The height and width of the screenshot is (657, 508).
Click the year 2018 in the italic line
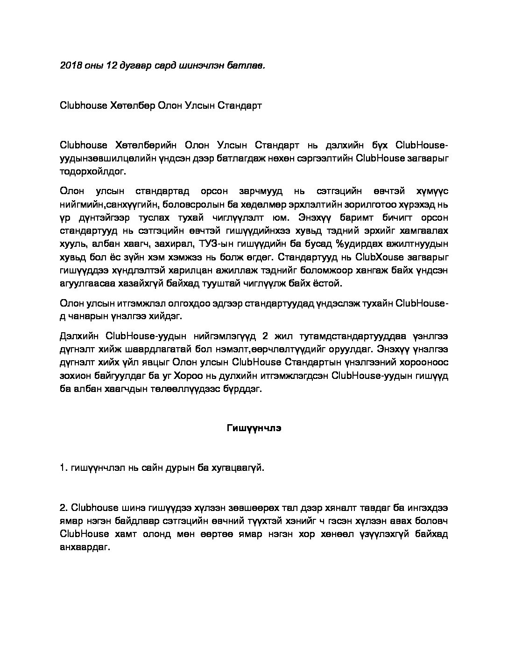(70, 65)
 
